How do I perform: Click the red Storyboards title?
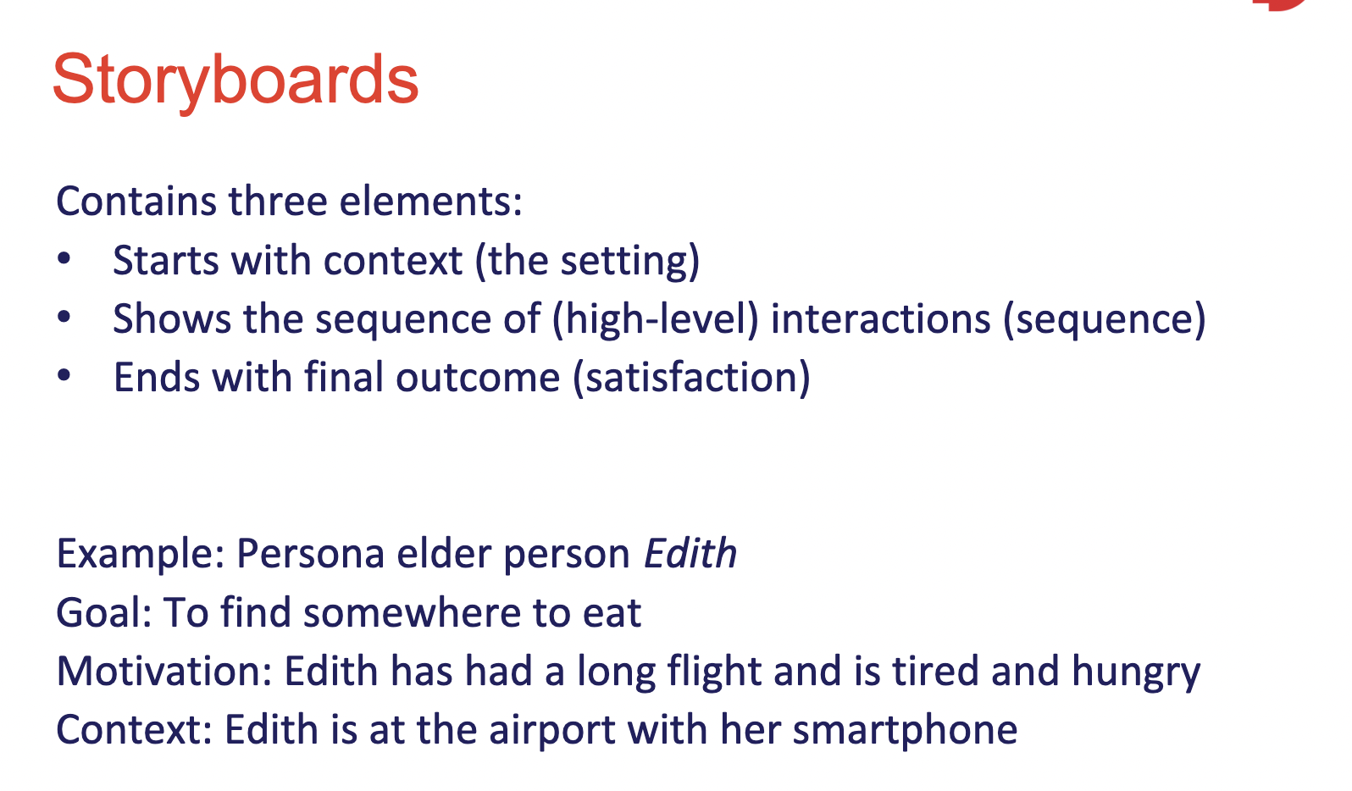(x=236, y=80)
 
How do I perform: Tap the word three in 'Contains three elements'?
(x=278, y=201)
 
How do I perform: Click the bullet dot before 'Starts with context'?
(x=64, y=259)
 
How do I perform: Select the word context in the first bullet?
(x=393, y=261)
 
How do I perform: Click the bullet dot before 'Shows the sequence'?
(x=64, y=318)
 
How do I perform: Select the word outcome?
(x=478, y=378)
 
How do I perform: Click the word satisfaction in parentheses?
(x=692, y=378)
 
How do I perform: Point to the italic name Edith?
(x=690, y=553)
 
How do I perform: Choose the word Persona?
(x=310, y=553)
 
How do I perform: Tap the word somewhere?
(x=412, y=613)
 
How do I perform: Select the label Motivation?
(x=164, y=671)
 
